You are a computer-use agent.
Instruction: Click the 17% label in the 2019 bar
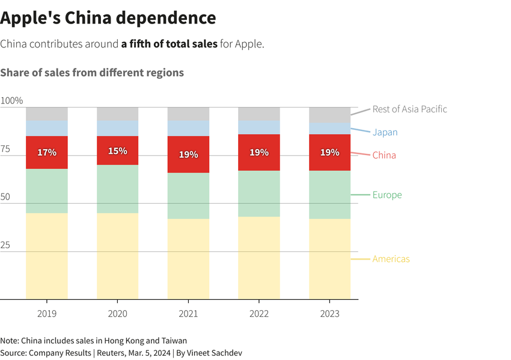47,153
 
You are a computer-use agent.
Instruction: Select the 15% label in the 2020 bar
118,151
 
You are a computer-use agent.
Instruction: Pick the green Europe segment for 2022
259,194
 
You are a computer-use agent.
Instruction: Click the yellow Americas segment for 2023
329,258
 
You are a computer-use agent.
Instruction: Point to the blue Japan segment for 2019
47,128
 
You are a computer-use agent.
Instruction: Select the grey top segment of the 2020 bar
118,114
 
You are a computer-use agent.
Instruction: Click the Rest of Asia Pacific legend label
409,109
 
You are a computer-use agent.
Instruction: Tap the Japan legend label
385,132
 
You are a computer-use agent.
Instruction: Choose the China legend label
384,155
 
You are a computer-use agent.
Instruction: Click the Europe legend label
387,195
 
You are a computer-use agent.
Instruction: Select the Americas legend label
391,259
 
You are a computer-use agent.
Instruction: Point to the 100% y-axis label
11,100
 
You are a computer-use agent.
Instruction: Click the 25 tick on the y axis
6,245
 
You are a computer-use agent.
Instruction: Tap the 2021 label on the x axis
188,314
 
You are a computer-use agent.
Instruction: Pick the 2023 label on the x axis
329,314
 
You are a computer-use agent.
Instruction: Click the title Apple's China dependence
108,18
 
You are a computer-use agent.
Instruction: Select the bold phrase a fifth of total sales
169,44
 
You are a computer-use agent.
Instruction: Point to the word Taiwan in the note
174,341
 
